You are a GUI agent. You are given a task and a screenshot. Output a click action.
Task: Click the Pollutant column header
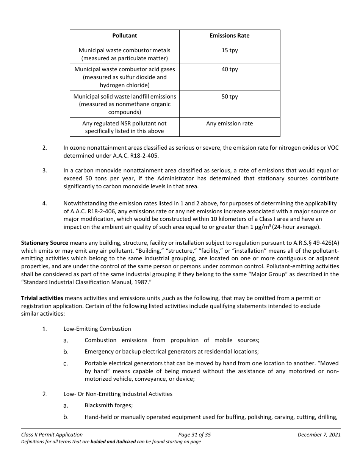124,36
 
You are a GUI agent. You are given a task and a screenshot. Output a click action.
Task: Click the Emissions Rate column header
229,36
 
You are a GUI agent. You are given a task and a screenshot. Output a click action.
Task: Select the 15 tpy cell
229,50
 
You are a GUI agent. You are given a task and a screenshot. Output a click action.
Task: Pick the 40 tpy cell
229,69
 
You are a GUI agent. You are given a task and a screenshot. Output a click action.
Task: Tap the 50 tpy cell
229,97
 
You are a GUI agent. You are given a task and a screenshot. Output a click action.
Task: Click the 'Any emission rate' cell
229,124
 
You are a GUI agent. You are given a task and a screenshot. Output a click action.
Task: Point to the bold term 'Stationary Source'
45,243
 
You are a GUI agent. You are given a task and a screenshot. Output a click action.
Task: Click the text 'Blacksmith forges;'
108,405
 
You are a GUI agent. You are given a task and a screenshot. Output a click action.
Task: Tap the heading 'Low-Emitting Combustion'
97,329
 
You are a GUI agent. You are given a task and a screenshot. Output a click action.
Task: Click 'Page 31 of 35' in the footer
194,435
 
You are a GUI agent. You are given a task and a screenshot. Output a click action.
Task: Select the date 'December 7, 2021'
319,435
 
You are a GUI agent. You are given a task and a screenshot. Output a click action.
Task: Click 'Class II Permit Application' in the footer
52,435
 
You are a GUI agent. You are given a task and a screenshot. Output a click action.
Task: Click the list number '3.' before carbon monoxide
45,170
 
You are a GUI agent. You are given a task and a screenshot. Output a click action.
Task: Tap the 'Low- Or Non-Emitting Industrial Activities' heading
118,394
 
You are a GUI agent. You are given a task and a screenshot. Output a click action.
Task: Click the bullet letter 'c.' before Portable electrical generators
66,363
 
